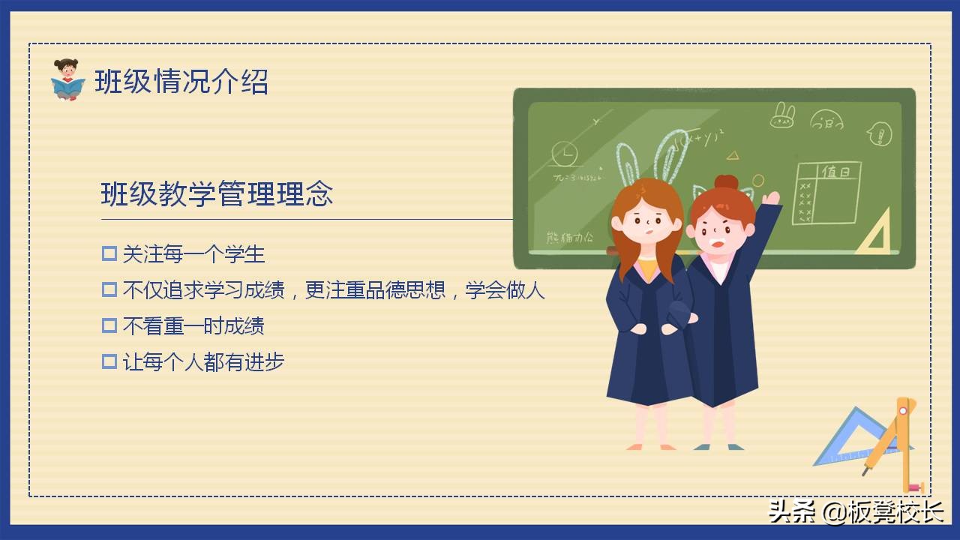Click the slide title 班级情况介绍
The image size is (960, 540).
click(x=181, y=82)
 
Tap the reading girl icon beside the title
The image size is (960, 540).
click(x=67, y=79)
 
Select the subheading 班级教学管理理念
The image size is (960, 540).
click(x=217, y=194)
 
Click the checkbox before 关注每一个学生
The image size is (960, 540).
click(x=109, y=254)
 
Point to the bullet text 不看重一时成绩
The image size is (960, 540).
click(x=193, y=326)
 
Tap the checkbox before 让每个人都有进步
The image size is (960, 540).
click(x=109, y=362)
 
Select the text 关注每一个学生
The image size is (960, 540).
click(x=193, y=254)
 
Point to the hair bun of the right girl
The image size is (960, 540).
click(x=725, y=183)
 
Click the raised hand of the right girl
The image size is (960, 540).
click(x=770, y=199)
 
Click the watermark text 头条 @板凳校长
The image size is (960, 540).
click(x=855, y=512)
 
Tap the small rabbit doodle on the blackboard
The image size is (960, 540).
click(x=782, y=115)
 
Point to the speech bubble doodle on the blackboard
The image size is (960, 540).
click(x=878, y=133)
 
